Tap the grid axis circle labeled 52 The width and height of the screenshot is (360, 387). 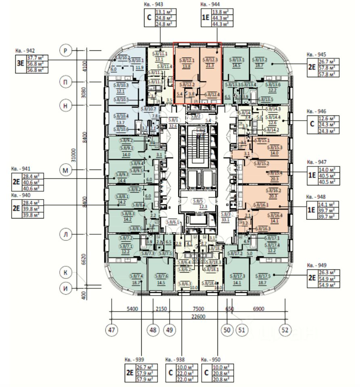285,330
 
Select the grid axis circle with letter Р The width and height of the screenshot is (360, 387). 65,50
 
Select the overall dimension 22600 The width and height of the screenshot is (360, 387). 198,316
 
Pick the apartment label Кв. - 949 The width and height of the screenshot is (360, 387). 316,266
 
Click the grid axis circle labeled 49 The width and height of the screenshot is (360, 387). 170,330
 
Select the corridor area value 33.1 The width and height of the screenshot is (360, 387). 226,220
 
